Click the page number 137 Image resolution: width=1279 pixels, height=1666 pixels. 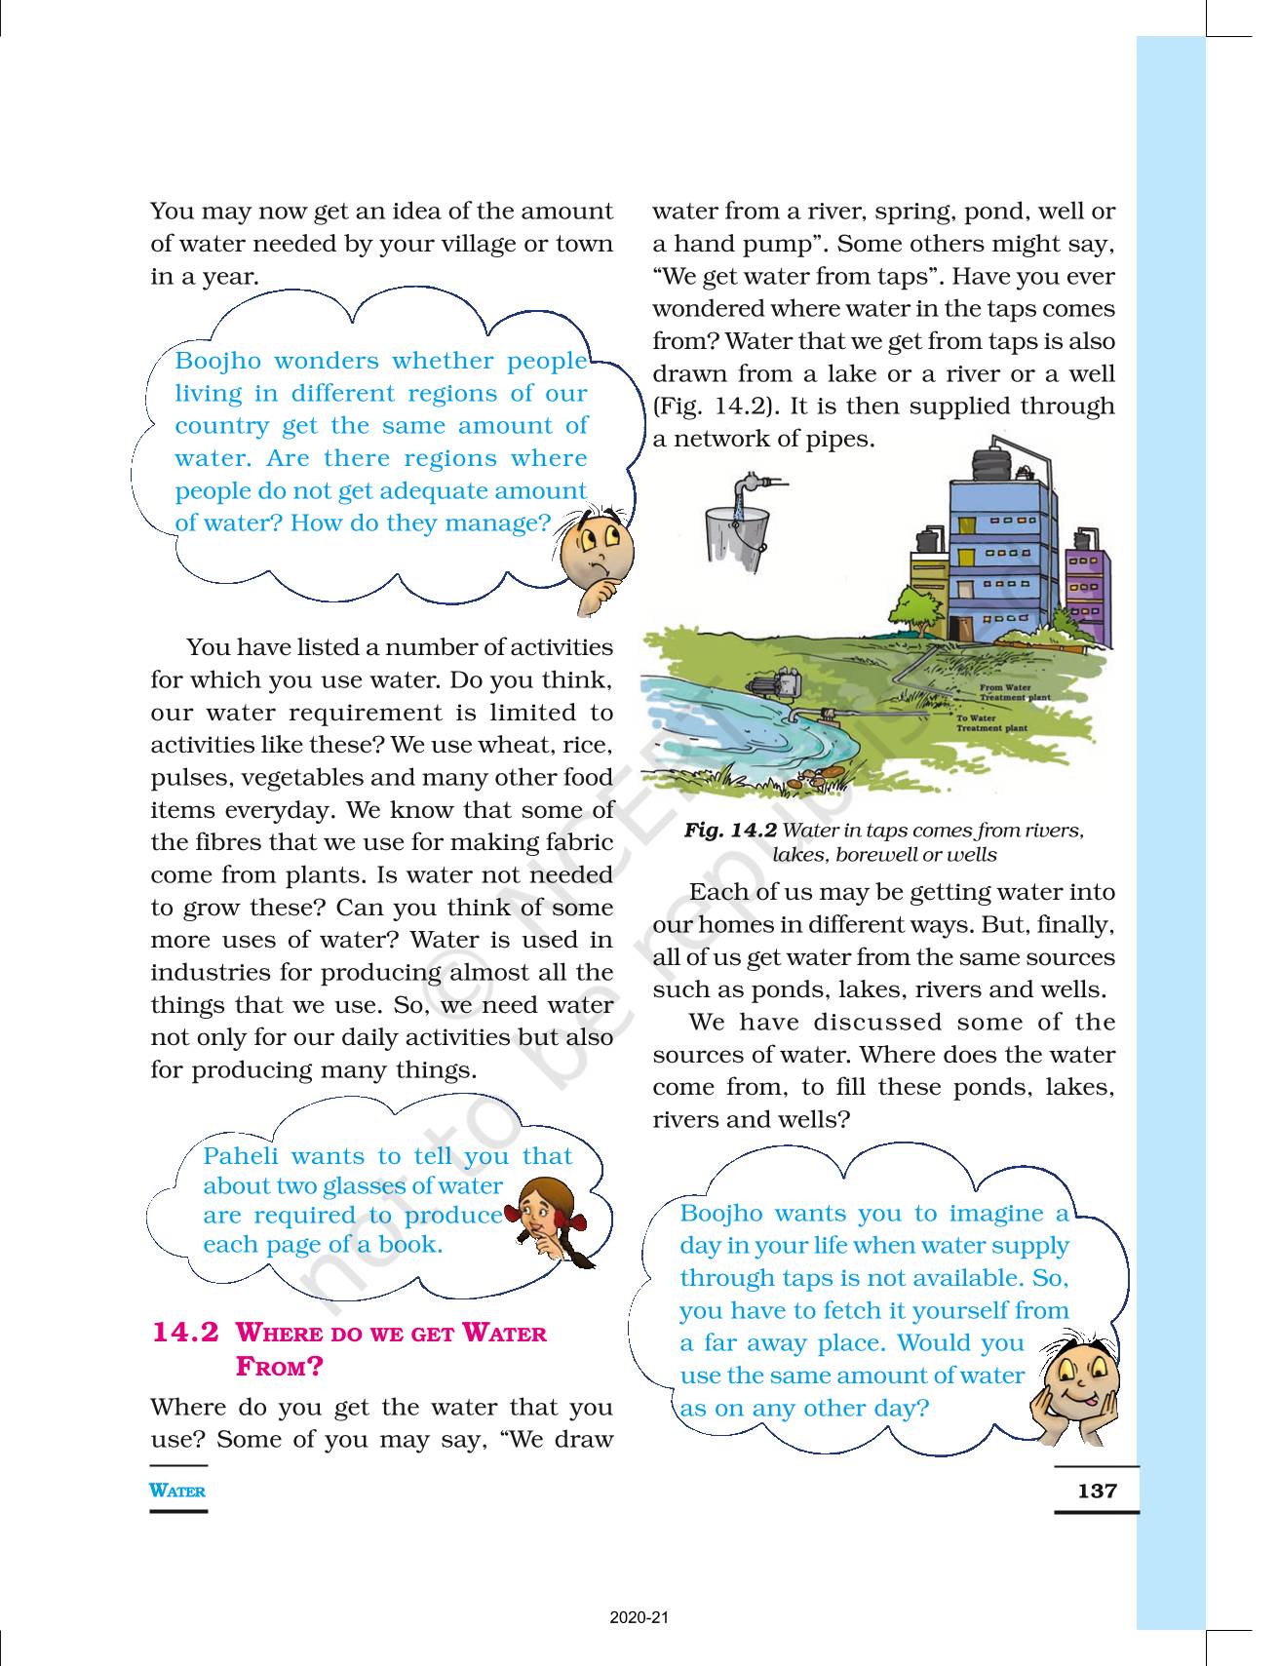pyautogui.click(x=1097, y=1491)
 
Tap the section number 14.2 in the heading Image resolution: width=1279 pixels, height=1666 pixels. pyautogui.click(x=185, y=1333)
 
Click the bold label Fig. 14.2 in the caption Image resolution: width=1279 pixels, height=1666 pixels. pyautogui.click(x=729, y=831)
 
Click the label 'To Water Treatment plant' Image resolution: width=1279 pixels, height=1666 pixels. pyautogui.click(x=990, y=723)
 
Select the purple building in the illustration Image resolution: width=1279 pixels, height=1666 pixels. pyautogui.click(x=1088, y=595)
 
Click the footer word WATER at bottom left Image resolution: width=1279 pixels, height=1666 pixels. pyautogui.click(x=177, y=1491)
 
